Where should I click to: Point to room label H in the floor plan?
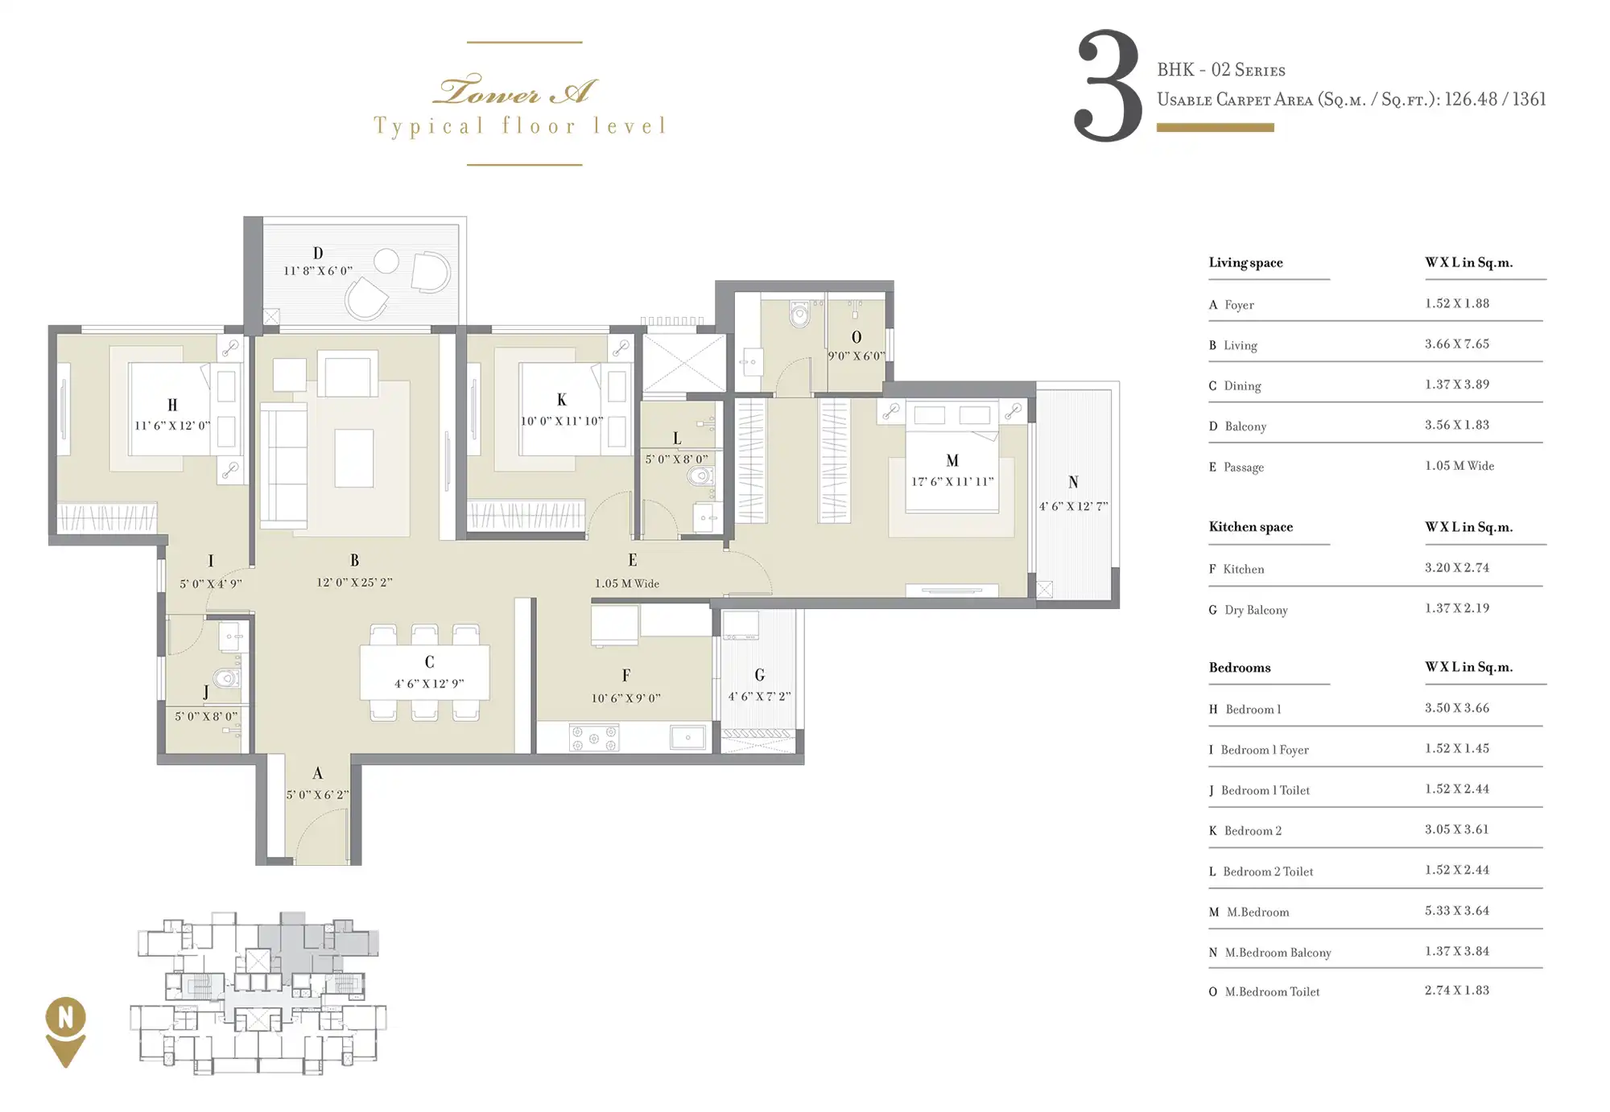point(172,405)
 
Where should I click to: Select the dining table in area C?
point(424,672)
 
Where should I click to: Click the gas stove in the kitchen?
point(594,738)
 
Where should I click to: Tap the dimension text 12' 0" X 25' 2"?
point(354,582)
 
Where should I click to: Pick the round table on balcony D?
point(386,261)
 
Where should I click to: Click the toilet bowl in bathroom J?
point(227,677)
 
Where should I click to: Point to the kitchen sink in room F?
point(687,737)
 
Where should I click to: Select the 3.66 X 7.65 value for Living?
point(1457,344)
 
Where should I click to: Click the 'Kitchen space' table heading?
point(1250,526)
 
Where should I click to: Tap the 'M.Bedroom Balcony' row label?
point(1278,952)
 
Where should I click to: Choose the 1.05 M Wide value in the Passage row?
point(1459,465)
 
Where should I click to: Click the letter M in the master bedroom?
point(952,460)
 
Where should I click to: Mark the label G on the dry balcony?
point(759,675)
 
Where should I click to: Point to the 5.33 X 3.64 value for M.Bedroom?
point(1457,910)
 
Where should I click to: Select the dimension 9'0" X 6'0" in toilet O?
point(857,356)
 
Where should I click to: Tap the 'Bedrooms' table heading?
point(1240,667)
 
